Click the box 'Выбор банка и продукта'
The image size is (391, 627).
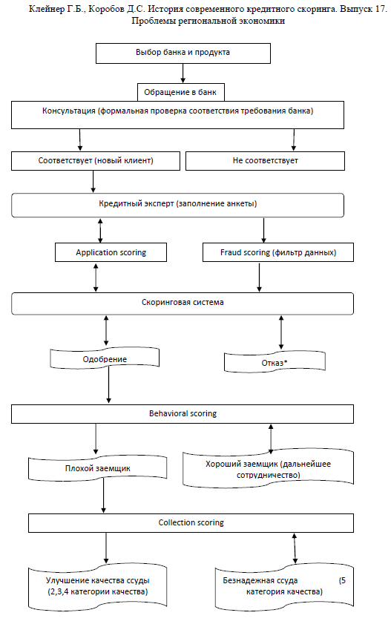(183, 53)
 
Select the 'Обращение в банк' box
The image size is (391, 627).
(181, 92)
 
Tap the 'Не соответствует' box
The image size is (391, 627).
(265, 161)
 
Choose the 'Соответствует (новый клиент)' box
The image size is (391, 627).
(96, 161)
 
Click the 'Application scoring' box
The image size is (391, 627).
(111, 252)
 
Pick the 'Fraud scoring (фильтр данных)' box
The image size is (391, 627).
(278, 252)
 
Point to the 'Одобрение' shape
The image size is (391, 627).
(105, 358)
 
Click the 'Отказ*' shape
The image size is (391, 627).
(275, 362)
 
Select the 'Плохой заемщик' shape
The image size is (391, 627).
(97, 468)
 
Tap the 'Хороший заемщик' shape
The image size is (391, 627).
(268, 470)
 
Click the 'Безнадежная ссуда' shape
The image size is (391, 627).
(284, 587)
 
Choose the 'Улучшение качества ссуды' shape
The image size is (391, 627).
(97, 587)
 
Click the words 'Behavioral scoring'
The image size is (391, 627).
(183, 413)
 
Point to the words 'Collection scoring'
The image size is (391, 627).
(191, 522)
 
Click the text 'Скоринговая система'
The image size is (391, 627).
(183, 302)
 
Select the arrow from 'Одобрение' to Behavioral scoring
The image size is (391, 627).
(109, 384)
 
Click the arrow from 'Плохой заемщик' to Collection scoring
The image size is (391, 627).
(104, 496)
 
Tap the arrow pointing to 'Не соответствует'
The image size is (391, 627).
(294, 140)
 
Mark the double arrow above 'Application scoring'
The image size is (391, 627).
(100, 231)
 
